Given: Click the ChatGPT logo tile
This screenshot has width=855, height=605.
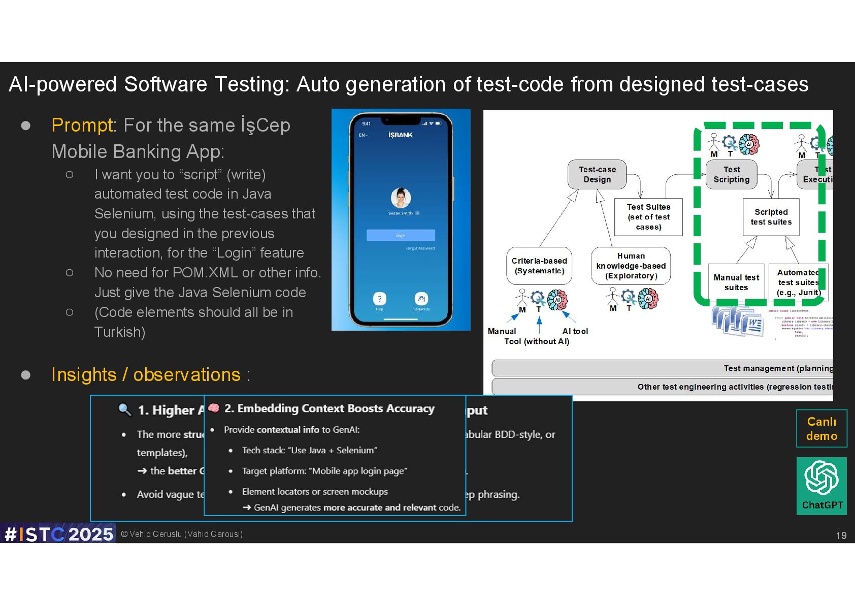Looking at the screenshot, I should [x=821, y=486].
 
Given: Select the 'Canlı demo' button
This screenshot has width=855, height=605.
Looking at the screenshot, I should [x=821, y=428].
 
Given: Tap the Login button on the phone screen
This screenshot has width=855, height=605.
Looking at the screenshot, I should [x=401, y=235].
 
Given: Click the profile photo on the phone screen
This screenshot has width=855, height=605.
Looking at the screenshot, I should [x=401, y=198].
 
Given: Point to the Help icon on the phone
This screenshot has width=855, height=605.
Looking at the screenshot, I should [x=379, y=299].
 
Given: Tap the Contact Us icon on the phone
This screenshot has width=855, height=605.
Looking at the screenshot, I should [x=421, y=299].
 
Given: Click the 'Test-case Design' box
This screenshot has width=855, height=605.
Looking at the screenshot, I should [x=597, y=174].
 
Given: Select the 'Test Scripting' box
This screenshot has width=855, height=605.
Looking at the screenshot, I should [x=731, y=174].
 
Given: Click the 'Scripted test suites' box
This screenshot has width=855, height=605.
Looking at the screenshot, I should [x=771, y=217].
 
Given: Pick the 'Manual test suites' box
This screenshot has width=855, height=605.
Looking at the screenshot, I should [x=736, y=282].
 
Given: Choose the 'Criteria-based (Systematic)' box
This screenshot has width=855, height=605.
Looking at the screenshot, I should [x=539, y=266].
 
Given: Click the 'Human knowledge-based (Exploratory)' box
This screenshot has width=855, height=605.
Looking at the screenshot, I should [x=631, y=266].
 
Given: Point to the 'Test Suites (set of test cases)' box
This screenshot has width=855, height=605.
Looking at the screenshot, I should [x=648, y=217].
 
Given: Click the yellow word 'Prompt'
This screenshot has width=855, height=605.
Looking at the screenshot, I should [x=82, y=125].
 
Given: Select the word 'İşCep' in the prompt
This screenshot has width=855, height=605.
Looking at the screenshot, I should [x=265, y=125].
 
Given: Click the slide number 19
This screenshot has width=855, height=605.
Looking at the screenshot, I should [x=841, y=535].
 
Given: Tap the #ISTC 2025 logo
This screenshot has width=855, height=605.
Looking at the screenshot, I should [x=58, y=534].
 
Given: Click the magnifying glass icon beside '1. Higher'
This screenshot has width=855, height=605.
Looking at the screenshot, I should [x=124, y=409].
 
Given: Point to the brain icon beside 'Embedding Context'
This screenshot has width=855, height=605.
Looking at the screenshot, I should [x=214, y=408].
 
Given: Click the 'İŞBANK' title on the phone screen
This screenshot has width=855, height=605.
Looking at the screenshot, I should [x=401, y=135].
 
